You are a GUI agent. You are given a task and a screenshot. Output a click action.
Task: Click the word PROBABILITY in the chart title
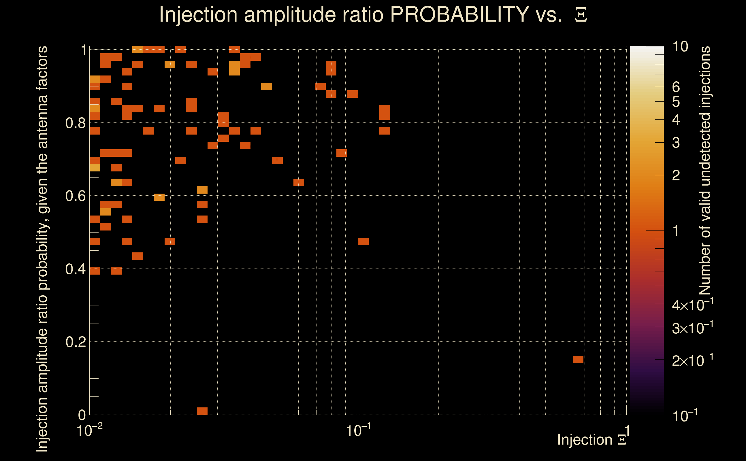click(x=459, y=14)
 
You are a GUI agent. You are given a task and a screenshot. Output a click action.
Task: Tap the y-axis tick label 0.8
click(x=75, y=123)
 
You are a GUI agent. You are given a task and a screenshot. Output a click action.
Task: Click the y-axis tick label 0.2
click(x=75, y=342)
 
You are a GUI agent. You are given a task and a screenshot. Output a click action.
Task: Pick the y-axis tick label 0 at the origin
click(x=82, y=415)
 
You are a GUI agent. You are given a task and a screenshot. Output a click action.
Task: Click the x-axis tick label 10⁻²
click(x=89, y=430)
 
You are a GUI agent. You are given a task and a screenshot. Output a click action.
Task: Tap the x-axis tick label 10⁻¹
click(x=358, y=430)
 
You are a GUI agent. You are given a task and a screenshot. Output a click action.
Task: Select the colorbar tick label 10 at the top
click(x=680, y=47)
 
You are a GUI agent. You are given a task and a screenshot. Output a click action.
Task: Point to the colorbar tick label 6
click(x=676, y=87)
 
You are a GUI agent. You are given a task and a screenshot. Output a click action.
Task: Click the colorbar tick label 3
click(x=676, y=143)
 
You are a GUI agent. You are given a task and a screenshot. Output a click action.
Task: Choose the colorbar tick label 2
click(x=676, y=175)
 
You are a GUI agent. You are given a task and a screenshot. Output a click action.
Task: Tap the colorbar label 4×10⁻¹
click(x=692, y=305)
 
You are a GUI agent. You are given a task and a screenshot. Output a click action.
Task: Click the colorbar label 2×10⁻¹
click(x=692, y=360)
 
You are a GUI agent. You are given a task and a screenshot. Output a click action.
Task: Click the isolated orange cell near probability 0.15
click(x=578, y=360)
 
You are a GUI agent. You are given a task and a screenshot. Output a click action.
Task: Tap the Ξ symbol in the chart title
click(x=581, y=15)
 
